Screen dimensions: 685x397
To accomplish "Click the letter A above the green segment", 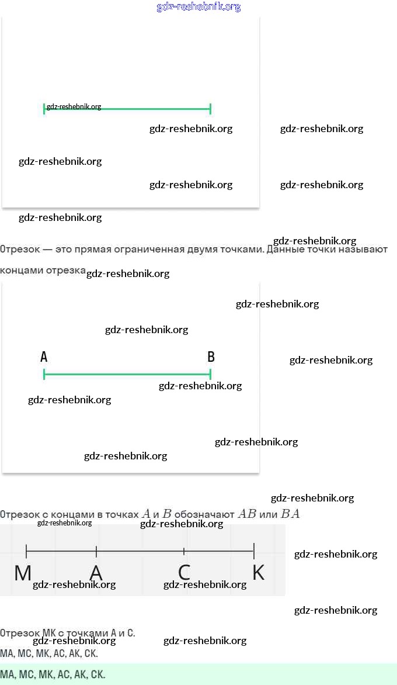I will click(44, 357).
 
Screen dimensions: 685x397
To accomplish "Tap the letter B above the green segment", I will click(211, 357).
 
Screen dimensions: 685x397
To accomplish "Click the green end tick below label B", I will click(210, 374).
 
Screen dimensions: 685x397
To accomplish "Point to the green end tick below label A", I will click(44, 374).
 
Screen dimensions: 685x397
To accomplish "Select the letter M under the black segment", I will click(23, 573).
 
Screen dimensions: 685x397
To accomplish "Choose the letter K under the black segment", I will click(258, 573).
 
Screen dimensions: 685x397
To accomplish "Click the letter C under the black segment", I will click(184, 573).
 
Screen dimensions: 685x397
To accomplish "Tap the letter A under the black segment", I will click(96, 573).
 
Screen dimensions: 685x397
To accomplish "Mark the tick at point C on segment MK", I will click(184, 551).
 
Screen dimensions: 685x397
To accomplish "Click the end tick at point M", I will click(26, 550).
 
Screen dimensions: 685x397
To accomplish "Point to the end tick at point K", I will click(254, 550).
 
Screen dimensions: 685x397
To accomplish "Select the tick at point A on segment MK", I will click(96, 551).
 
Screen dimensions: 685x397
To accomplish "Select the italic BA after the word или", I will click(290, 514).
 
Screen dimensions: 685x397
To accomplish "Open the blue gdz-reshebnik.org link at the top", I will click(198, 7).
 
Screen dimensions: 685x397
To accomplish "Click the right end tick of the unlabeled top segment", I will click(210, 109).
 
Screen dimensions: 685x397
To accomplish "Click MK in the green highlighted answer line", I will click(46, 674).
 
